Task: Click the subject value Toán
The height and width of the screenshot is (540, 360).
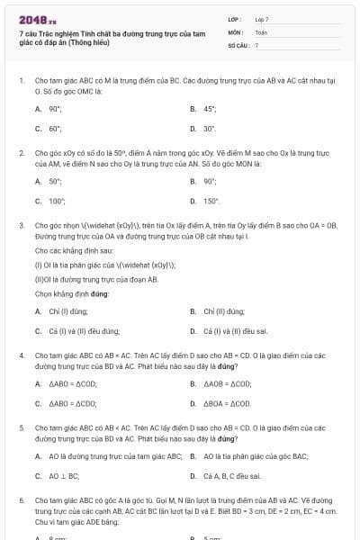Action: coord(261,31)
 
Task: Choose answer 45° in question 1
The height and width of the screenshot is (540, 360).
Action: coord(210,109)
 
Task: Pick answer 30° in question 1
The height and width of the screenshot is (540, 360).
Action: coord(210,128)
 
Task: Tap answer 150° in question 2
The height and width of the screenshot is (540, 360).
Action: coord(211,201)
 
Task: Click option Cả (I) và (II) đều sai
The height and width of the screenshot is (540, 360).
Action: coord(236,330)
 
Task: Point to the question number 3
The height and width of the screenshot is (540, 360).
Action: coord(21,226)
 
